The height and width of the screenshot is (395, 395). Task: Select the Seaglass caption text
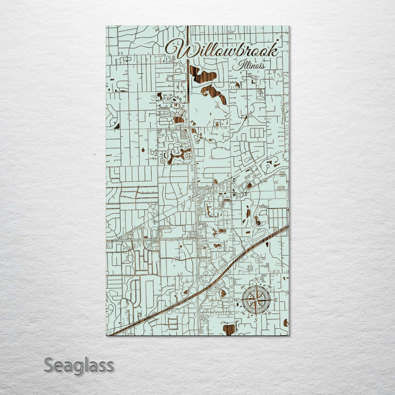click(78, 365)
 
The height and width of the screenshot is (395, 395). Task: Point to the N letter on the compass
click(256, 279)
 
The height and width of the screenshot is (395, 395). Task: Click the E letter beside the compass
click(276, 300)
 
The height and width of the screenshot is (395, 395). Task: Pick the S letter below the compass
click(256, 320)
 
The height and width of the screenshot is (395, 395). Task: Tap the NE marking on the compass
click(269, 287)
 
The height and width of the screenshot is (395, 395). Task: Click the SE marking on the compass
click(269, 312)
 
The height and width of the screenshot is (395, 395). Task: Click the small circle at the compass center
click(256, 300)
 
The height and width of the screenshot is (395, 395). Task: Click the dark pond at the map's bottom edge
click(229, 329)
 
